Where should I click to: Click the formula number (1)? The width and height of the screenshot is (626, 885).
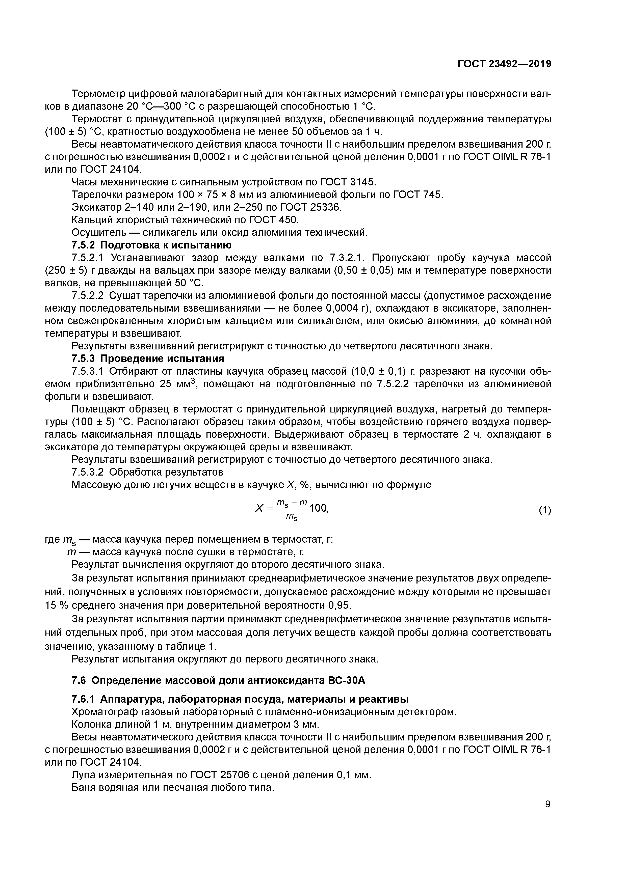point(545,510)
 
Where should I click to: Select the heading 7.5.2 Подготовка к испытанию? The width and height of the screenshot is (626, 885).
point(152,245)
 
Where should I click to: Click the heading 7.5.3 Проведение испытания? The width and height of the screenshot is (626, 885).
point(148,358)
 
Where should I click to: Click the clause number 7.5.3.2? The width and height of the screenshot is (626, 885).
point(88,472)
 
